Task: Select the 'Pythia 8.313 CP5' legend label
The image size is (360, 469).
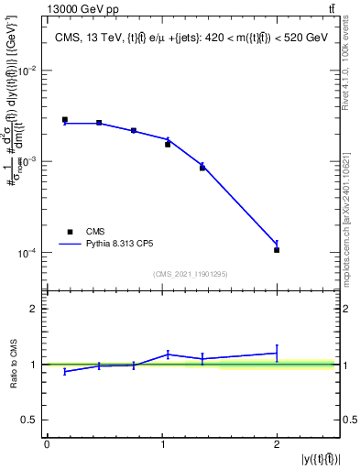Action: pyautogui.click(x=119, y=245)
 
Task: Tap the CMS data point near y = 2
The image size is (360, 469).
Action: pyautogui.click(x=277, y=250)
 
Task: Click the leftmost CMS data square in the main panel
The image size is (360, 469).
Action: pyautogui.click(x=65, y=119)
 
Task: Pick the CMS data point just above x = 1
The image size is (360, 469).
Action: pyautogui.click(x=168, y=144)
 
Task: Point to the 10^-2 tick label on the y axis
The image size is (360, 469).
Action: pyautogui.click(x=30, y=71)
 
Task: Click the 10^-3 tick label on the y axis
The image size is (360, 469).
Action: pyautogui.click(x=30, y=161)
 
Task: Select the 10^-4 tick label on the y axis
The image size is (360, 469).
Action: pyautogui.click(x=30, y=253)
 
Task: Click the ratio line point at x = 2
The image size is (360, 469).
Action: pyautogui.click(x=277, y=353)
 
